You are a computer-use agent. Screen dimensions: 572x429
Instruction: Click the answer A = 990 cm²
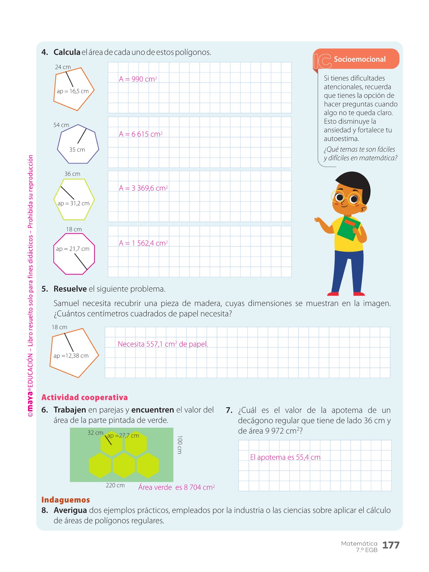click(138, 79)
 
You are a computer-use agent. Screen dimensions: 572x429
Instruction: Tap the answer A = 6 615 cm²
click(140, 134)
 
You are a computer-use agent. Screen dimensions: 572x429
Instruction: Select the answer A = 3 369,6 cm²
click(143, 188)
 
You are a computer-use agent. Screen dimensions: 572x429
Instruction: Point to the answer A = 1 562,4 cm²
click(143, 243)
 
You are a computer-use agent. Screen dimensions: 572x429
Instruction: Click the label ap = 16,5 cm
click(73, 91)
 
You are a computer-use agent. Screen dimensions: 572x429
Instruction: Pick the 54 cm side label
click(61, 125)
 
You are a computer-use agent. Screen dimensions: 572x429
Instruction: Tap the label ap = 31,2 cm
click(73, 203)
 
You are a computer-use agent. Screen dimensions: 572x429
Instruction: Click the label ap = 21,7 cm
click(73, 249)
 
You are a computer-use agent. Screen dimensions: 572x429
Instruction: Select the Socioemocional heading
click(359, 59)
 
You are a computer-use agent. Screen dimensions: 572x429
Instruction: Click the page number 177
click(390, 545)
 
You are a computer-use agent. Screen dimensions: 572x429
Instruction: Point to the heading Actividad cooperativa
click(84, 397)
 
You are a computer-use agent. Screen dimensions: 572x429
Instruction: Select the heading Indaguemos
click(65, 500)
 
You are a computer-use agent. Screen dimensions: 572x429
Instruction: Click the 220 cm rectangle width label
click(115, 485)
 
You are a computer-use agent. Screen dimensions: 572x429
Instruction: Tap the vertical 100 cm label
click(180, 445)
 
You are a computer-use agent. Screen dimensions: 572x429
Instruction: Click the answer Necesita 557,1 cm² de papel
click(163, 344)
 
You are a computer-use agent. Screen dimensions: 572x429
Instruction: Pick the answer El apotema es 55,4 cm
click(285, 457)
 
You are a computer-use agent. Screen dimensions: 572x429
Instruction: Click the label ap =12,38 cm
click(71, 356)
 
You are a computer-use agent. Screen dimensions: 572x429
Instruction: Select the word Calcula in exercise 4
click(67, 52)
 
